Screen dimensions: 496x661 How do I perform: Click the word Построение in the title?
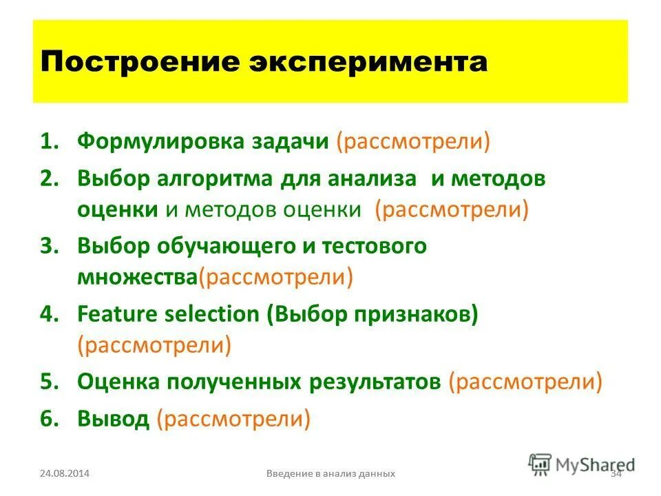tap(134, 62)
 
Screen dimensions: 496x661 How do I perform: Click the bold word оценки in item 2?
tap(117, 209)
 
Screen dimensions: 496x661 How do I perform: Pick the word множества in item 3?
tap(137, 277)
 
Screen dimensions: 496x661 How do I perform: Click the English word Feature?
tap(118, 314)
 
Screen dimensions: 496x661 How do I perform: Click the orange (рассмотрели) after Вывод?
tap(233, 417)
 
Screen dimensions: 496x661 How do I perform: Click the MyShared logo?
tap(582, 464)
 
